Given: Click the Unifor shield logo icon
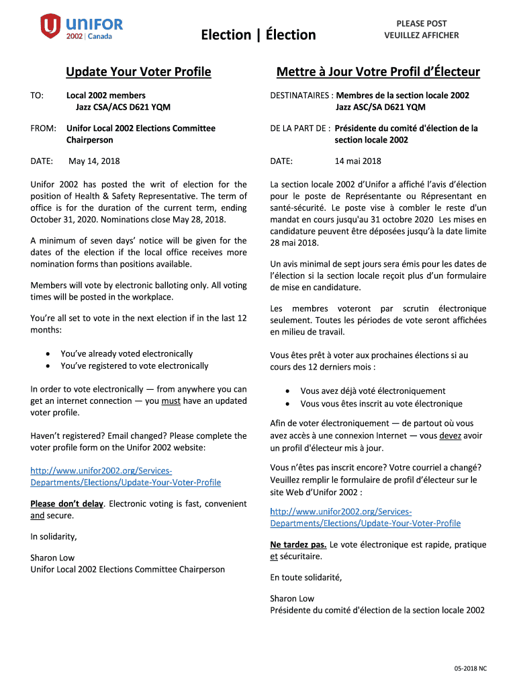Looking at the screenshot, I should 50,27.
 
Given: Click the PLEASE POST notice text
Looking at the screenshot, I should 421,24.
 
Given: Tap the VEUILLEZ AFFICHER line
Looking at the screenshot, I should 421,36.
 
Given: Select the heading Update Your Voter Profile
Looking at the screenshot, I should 138,72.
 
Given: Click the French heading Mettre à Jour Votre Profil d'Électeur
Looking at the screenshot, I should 378,72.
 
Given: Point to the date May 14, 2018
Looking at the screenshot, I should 95,161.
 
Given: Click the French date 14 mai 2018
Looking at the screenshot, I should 358,161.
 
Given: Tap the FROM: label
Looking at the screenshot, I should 43,128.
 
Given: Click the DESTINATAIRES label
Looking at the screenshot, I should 300,95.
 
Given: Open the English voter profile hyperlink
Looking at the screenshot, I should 126,476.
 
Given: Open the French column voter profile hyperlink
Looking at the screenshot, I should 365,517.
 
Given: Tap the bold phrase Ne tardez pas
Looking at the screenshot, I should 298,545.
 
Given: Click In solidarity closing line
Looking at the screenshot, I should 54,536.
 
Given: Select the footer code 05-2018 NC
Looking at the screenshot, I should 470,669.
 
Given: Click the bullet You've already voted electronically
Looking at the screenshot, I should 126,353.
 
